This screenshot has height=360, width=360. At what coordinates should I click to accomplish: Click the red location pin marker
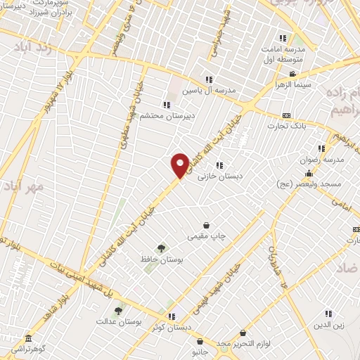pos(180,166)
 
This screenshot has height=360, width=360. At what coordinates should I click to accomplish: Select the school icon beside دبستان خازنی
pos(220,165)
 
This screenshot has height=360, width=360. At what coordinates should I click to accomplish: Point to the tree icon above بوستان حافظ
pos(161,247)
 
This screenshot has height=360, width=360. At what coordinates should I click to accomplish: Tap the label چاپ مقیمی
pos(206,237)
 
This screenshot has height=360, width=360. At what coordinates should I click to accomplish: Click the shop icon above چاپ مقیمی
pos(206,225)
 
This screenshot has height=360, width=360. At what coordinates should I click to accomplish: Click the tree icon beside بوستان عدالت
pos(119,310)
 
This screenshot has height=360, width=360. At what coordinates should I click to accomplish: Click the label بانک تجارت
pos(286,126)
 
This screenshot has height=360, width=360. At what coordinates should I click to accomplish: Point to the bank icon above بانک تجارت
pos(287,115)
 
